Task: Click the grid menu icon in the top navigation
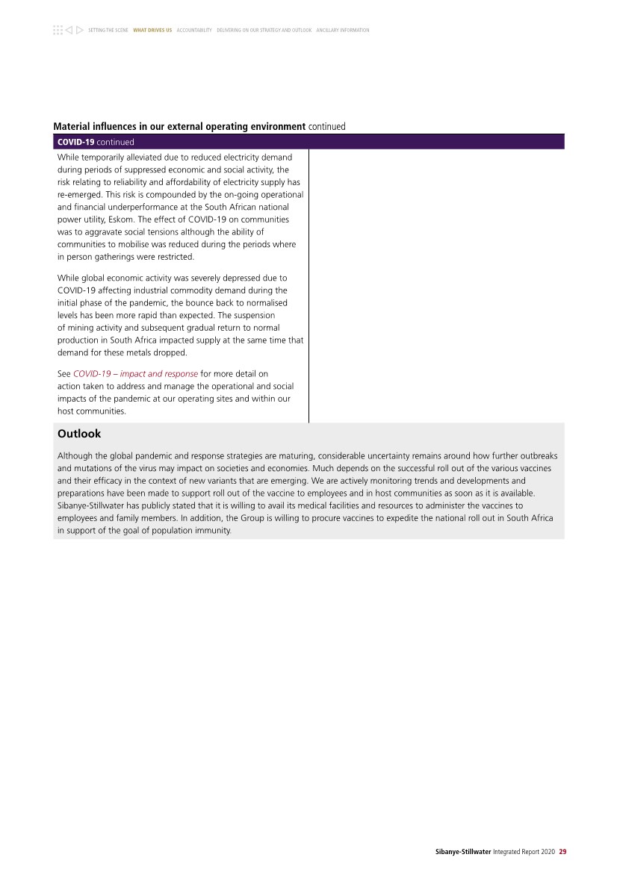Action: coord(58,30)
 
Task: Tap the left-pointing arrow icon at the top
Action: coord(68,30)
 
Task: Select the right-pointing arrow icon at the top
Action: coord(79,30)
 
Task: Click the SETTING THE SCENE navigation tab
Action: coord(108,30)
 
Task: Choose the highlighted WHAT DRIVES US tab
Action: coord(152,30)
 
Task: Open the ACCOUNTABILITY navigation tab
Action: coord(194,30)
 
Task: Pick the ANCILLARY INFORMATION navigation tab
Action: coord(343,30)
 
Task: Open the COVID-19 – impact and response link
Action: coord(135,373)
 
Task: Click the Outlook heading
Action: coord(79,434)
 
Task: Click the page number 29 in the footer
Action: coord(562,850)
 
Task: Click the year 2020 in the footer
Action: coord(548,850)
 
